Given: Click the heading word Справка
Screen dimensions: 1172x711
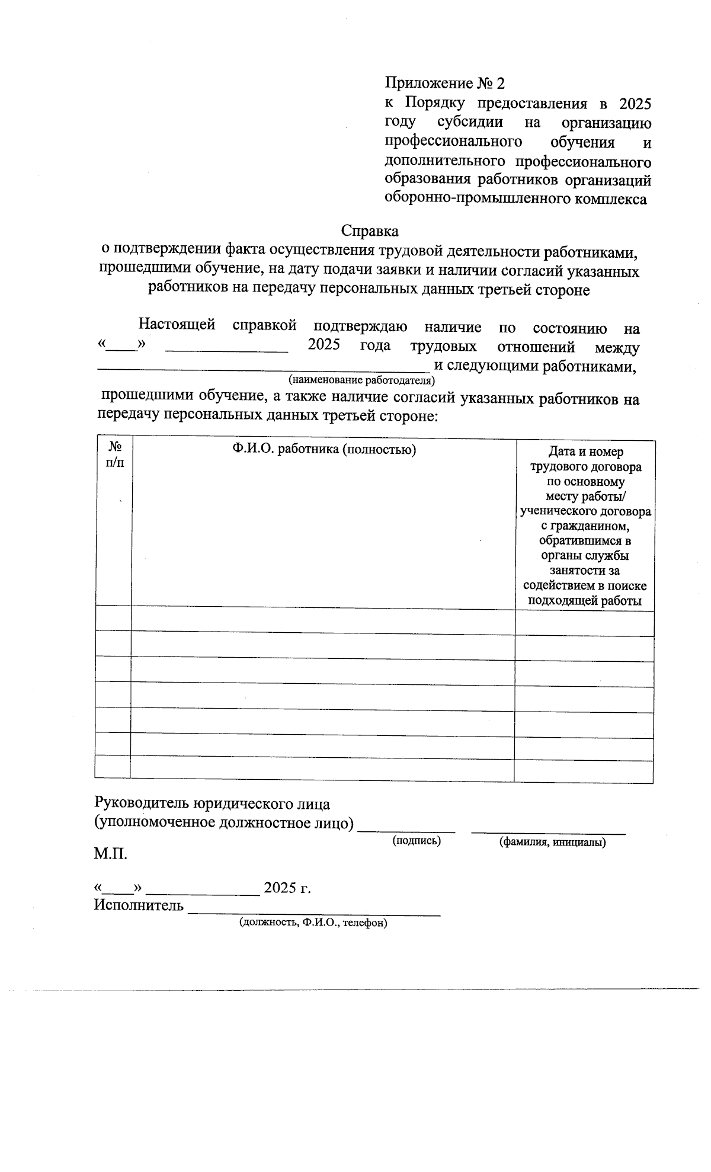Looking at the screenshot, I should click(x=370, y=230).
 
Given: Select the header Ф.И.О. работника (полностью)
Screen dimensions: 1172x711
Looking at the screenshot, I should click(x=324, y=450).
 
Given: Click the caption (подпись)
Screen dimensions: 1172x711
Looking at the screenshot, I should click(x=417, y=840).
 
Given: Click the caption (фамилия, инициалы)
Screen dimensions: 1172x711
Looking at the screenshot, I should click(x=552, y=842).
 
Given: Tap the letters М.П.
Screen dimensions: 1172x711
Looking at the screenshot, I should click(x=110, y=854).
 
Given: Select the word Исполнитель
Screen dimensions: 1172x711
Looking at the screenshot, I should click(x=139, y=905).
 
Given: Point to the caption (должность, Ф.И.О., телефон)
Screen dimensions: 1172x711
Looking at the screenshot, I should click(x=313, y=923).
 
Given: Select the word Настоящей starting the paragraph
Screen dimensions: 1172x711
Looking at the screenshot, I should click(x=177, y=325).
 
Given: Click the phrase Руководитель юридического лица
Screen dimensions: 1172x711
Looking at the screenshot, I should click(x=212, y=804).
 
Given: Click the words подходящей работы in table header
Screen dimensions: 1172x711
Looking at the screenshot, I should click(x=585, y=601).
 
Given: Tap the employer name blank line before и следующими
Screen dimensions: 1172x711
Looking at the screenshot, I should click(x=261, y=368).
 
